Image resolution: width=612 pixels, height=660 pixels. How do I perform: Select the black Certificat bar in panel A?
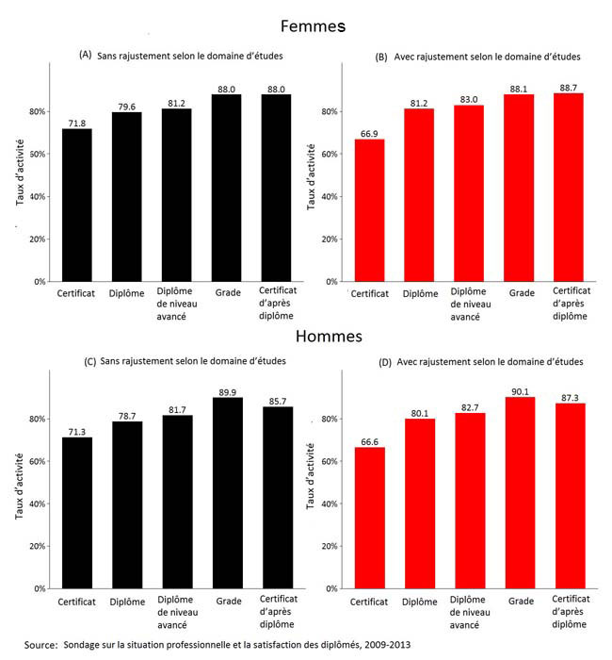(x=77, y=205)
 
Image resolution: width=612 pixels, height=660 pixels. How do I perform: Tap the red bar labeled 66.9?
(x=369, y=210)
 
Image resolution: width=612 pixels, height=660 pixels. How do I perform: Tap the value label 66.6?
(x=369, y=439)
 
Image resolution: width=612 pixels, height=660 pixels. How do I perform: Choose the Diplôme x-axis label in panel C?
(x=127, y=601)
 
